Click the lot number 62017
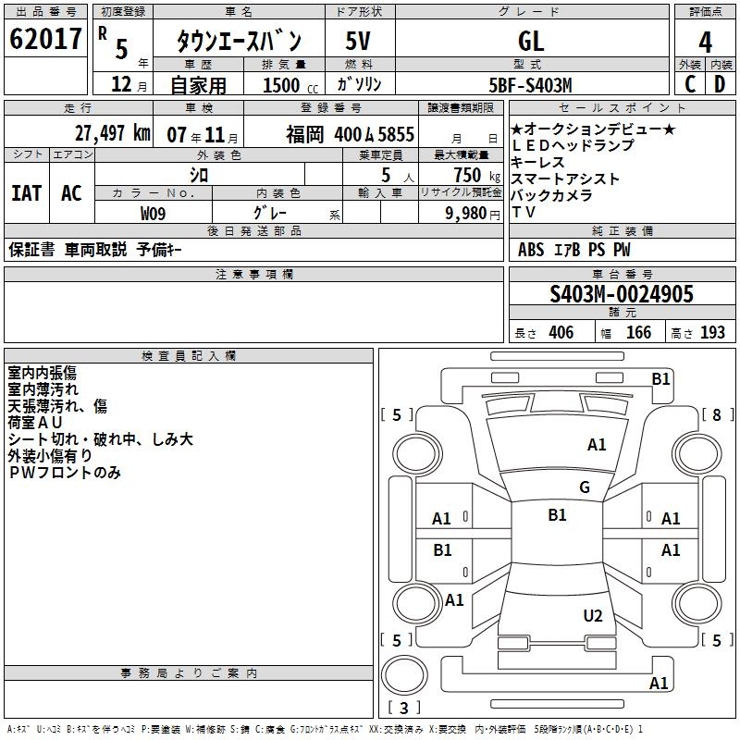pyautogui.click(x=45, y=40)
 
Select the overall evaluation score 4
pyautogui.click(x=706, y=43)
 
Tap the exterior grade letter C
pyautogui.click(x=690, y=83)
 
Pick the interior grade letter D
pyautogui.click(x=720, y=83)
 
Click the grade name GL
pyautogui.click(x=532, y=42)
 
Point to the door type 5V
pyautogui.click(x=359, y=42)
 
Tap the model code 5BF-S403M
pyautogui.click(x=531, y=85)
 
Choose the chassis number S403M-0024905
pyautogui.click(x=621, y=295)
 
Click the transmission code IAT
pyautogui.click(x=27, y=193)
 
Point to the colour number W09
pyautogui.click(x=154, y=213)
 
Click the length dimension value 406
pyautogui.click(x=561, y=332)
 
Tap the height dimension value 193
pyautogui.click(x=712, y=332)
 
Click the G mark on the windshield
pyautogui.click(x=585, y=487)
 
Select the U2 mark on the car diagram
pyautogui.click(x=593, y=616)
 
